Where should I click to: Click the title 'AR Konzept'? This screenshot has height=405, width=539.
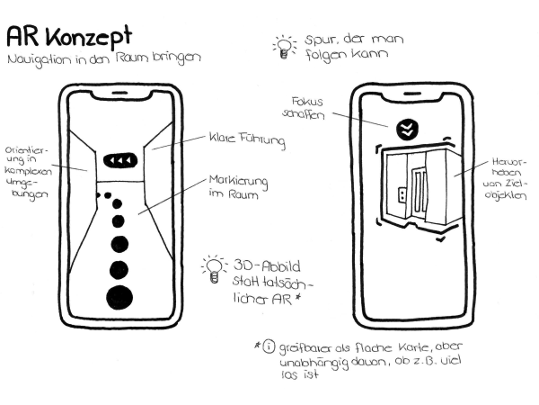pos(69,36)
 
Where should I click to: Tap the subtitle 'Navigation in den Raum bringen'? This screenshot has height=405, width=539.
pos(104,58)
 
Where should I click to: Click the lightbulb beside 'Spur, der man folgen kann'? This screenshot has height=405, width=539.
pos(284,47)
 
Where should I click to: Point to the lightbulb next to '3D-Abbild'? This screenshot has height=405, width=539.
pos(214,269)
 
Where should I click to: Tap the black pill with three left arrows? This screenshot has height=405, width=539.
pos(120,160)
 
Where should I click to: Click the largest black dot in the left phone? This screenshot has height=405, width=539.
pos(119,298)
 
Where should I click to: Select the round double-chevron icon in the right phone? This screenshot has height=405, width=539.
pos(407,130)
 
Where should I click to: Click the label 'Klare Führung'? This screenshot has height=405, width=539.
pos(247,139)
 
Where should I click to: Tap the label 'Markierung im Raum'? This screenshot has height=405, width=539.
pos(238,187)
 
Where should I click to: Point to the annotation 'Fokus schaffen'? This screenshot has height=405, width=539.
pos(304,108)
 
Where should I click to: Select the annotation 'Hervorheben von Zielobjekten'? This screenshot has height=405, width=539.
pos(505,179)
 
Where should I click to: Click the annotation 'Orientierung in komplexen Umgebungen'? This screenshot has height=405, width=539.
pos(28,173)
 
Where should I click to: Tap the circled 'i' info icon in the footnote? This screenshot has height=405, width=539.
pos(269,346)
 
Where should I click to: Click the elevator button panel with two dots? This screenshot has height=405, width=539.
pos(402,195)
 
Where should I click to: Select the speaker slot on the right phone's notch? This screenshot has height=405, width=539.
pos(411,94)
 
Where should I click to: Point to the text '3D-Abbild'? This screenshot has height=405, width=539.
pos(267,266)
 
